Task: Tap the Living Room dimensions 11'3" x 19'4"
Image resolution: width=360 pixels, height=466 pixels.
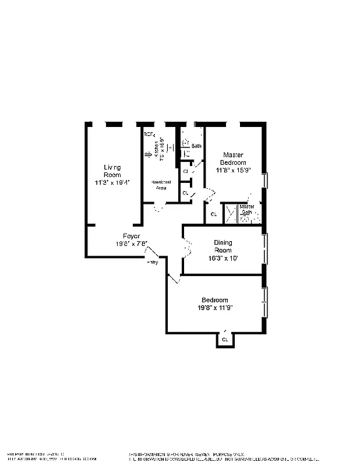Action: click(112, 182)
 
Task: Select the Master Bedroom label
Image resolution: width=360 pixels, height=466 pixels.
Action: click(233, 158)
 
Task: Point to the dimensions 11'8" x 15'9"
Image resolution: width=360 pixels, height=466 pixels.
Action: click(233, 171)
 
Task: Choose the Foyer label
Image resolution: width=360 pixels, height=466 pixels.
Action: click(131, 236)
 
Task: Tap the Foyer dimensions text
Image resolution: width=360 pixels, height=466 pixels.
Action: click(131, 244)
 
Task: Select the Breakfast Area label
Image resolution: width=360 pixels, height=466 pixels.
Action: click(161, 185)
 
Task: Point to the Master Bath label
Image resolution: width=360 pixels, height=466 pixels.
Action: click(247, 210)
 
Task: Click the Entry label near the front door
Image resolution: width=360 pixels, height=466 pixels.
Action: click(152, 263)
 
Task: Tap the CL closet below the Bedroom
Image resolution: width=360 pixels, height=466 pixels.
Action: click(225, 339)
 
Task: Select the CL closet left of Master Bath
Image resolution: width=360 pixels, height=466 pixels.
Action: click(213, 214)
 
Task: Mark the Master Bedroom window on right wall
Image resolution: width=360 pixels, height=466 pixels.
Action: click(265, 181)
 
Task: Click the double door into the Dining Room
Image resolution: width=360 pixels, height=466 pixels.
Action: click(187, 248)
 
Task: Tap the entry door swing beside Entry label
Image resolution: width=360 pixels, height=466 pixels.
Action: click(152, 253)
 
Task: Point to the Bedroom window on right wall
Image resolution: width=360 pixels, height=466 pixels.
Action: click(265, 302)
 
